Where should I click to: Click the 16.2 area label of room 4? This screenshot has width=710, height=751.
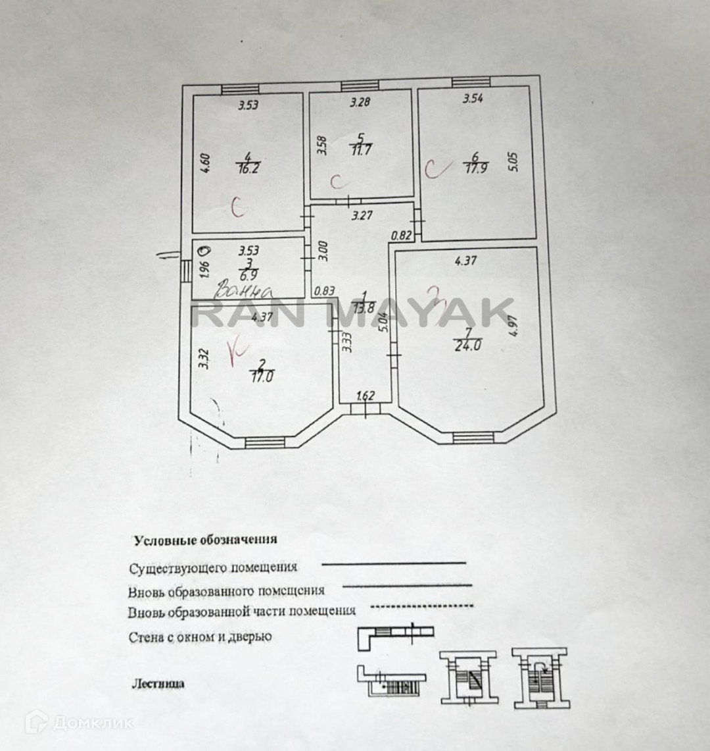[247, 168]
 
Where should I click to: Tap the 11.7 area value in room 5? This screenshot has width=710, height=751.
[361, 149]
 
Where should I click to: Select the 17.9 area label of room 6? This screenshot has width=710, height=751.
[475, 167]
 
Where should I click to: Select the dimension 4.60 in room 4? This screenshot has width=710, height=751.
[204, 163]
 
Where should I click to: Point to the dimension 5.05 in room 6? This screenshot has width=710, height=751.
[515, 162]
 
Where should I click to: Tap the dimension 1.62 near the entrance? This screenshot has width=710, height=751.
[365, 397]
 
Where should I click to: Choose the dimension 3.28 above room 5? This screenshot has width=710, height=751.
[360, 102]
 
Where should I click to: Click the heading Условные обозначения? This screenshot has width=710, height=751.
[206, 540]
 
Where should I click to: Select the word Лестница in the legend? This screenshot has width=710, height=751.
[158, 683]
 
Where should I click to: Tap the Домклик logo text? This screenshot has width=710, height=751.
[93, 723]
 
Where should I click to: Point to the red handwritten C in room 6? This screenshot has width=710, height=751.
[433, 169]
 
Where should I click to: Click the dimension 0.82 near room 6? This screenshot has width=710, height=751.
[402, 234]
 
